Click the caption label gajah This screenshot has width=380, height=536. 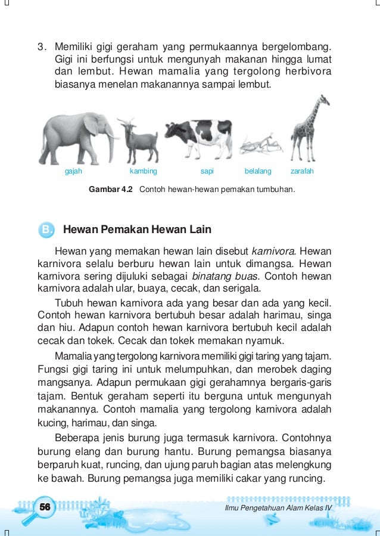point(73,171)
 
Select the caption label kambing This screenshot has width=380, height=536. point(143,171)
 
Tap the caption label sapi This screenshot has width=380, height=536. point(207,171)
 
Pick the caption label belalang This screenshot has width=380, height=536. point(258,171)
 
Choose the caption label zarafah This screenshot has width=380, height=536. point(302,171)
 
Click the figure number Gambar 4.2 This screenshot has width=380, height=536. point(111,190)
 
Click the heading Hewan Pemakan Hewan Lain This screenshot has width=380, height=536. point(137,230)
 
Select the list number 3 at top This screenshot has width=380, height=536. point(41,47)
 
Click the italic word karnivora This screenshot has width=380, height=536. point(273,250)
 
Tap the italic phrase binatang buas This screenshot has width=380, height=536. point(225,277)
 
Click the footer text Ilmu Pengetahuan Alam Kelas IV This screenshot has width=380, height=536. point(278,507)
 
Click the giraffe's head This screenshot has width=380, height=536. point(323,100)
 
